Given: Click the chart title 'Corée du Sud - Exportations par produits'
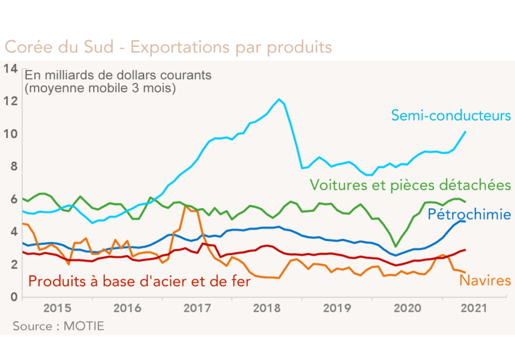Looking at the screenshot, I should (x=168, y=46).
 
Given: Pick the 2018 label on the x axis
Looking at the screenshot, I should (x=267, y=308).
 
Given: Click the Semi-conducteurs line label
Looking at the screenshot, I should (x=450, y=115).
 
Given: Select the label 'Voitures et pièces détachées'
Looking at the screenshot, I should (x=410, y=184).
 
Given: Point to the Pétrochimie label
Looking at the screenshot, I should (x=469, y=214).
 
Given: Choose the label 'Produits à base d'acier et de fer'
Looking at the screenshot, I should (x=139, y=280).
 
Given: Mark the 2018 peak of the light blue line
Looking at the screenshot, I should (x=279, y=99).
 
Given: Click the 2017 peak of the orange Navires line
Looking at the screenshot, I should (x=185, y=206).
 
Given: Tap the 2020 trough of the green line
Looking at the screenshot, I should (x=396, y=246).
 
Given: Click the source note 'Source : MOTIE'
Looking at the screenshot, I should (x=58, y=326).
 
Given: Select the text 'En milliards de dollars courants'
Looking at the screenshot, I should (x=118, y=76).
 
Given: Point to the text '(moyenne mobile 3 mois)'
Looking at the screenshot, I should (x=100, y=88).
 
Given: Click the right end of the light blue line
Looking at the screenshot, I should (x=466, y=131).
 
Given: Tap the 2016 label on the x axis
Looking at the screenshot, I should (x=127, y=308).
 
